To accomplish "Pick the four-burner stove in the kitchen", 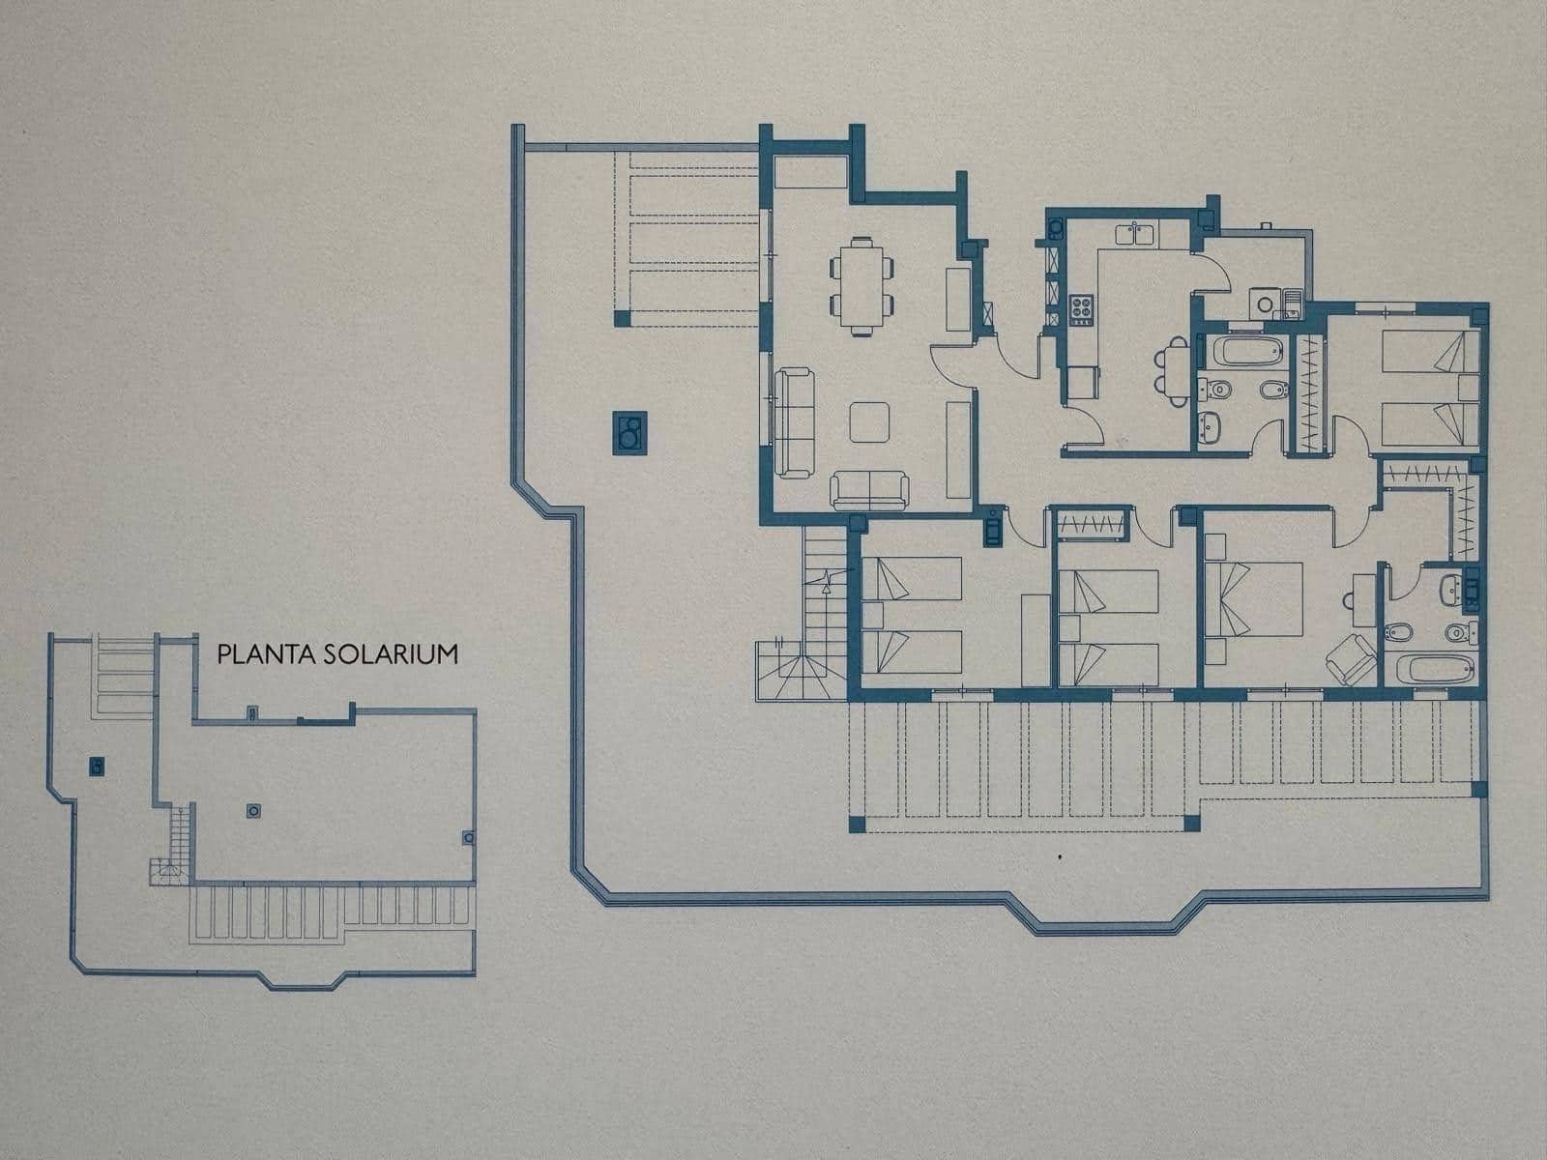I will [x=1080, y=309].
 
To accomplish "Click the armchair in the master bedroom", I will [x=1351, y=660].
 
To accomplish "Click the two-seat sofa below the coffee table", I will [x=869, y=489].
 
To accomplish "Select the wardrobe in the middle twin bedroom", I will [x=1093, y=524].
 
